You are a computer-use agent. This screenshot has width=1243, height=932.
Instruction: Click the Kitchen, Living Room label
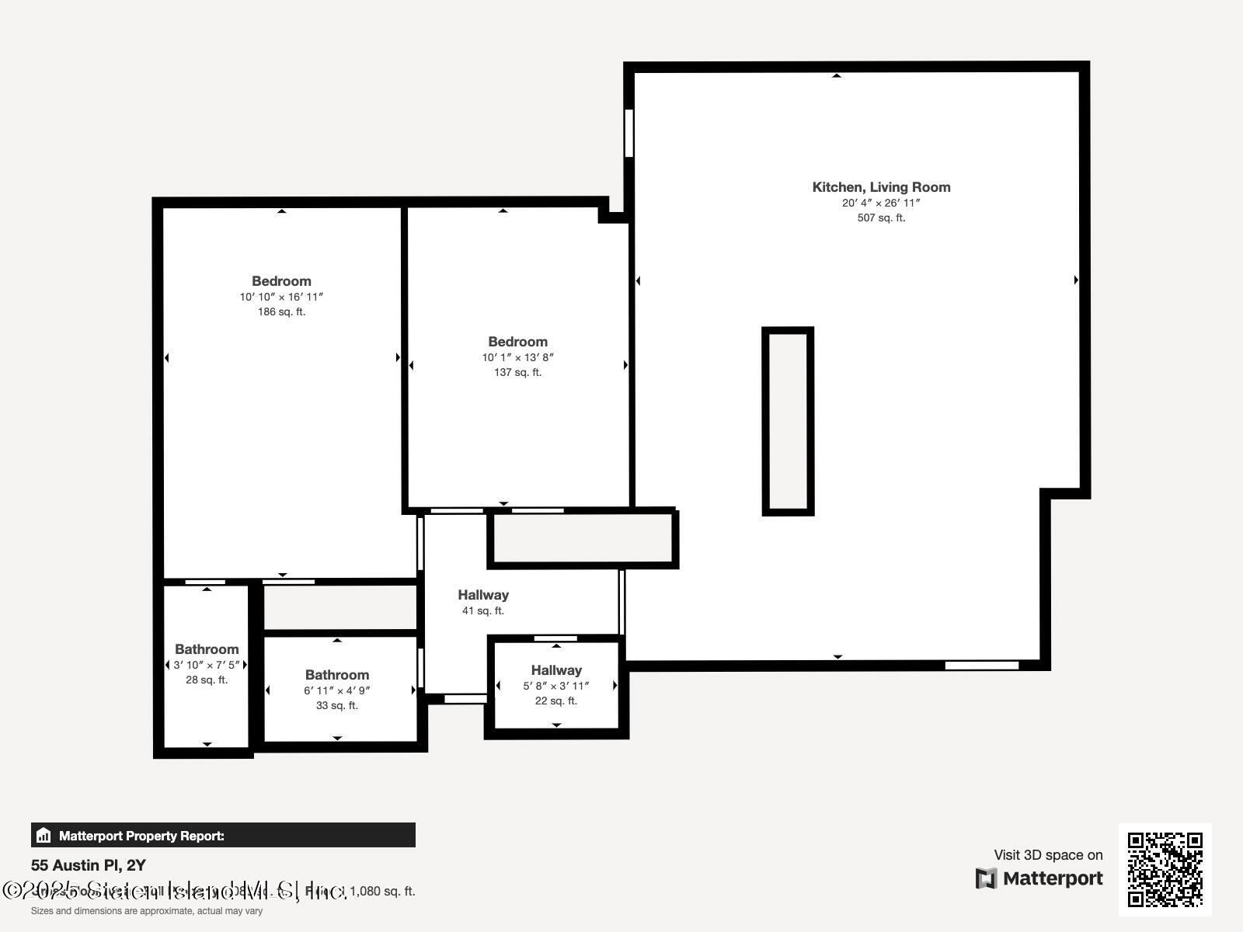point(881,187)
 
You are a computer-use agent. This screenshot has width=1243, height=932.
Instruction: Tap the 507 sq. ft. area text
point(881,218)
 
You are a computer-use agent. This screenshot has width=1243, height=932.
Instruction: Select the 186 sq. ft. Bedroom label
point(281,281)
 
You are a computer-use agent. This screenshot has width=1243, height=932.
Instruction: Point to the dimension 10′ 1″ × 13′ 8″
point(517,357)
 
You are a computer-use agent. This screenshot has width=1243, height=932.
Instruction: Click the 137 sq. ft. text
point(517,373)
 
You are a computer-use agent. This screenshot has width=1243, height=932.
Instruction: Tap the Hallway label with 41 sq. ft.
point(483,595)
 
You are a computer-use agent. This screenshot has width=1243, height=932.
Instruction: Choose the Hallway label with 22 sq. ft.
point(556,670)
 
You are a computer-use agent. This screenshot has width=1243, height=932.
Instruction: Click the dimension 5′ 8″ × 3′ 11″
point(556,686)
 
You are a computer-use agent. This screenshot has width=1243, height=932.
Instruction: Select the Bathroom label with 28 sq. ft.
point(207,649)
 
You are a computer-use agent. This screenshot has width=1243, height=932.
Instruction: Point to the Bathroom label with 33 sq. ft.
point(337,675)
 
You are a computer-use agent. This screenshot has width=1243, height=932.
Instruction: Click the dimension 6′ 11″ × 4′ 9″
point(337,690)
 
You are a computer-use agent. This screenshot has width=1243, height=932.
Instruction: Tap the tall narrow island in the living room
point(788,421)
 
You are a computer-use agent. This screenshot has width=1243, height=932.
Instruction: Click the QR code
point(1165,869)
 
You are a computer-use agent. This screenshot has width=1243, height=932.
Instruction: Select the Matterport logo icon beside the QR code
point(986,878)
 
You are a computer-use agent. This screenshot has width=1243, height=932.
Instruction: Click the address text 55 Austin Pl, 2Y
point(89,865)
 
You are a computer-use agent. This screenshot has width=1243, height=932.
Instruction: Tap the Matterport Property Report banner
point(223,836)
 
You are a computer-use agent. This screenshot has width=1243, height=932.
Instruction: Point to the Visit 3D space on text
point(1048,855)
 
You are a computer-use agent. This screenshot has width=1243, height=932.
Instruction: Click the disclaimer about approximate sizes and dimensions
point(147,911)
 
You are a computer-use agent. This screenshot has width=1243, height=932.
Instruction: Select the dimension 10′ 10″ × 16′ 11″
point(281,297)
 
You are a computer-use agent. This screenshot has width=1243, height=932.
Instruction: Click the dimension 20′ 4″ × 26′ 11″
point(881,203)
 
